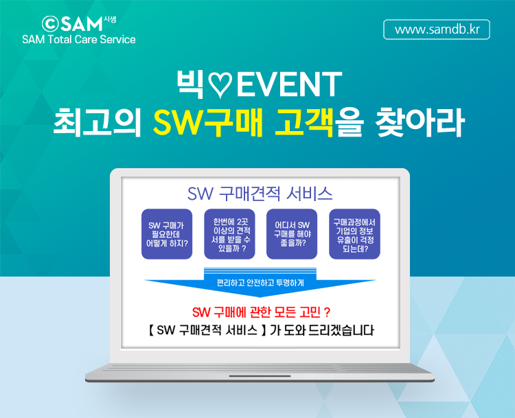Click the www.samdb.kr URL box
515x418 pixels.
coord(437,30)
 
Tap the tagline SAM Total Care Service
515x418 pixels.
coord(79,40)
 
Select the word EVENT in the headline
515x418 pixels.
coord(288,84)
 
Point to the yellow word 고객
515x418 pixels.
coord(304,122)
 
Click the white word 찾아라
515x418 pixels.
coord(420,122)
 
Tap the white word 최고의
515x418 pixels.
coord(97,122)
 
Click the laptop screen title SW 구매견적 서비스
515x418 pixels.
coord(260,194)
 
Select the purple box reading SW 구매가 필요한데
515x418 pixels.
coord(167,234)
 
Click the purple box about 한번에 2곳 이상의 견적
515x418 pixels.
coord(229,234)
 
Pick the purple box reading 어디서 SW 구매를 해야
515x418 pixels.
coord(292,234)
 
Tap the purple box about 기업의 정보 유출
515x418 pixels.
coord(355,234)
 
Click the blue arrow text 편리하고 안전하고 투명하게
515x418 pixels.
coord(260,283)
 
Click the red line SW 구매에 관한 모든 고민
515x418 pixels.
coord(261,312)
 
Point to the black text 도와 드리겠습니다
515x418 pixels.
coord(329,330)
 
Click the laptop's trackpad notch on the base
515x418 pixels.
coord(260,376)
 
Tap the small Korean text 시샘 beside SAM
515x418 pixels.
coord(110,19)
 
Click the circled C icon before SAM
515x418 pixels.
coord(50,23)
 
